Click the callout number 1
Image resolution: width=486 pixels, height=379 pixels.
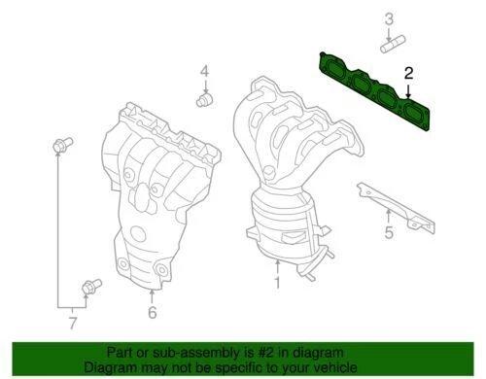point(276,284)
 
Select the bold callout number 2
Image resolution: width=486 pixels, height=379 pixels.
point(408,73)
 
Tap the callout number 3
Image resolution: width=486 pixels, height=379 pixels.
point(389,17)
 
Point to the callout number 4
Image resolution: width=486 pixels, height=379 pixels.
point(204,71)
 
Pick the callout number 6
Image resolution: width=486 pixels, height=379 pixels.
point(152,312)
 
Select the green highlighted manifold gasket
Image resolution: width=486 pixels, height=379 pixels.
point(374,92)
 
